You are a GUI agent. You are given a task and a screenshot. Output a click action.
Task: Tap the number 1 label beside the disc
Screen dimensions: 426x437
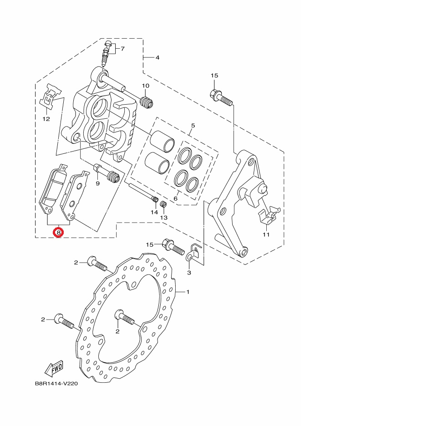[188, 292]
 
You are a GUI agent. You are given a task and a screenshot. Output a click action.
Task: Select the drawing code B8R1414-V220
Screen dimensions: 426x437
[56, 384]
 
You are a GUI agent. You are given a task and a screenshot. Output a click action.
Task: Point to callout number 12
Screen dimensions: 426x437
[46, 119]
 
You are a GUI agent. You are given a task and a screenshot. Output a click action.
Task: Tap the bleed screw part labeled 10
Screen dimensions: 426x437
[147, 102]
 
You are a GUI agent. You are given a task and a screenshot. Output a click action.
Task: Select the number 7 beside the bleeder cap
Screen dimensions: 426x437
[122, 49]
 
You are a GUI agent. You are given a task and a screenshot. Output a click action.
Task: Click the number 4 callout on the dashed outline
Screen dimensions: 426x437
[158, 58]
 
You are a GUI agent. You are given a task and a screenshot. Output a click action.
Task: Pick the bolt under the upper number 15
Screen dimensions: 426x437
[220, 96]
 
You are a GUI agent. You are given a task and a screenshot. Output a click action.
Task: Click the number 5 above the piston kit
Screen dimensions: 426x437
[193, 125]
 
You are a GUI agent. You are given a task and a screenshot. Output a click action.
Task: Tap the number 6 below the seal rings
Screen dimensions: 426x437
[175, 199]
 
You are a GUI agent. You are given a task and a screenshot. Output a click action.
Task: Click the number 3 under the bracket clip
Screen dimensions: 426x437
[189, 273]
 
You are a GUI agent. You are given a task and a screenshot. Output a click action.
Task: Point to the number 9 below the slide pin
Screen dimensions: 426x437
[97, 183]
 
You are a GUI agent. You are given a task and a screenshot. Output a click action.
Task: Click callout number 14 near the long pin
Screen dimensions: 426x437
[154, 212]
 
